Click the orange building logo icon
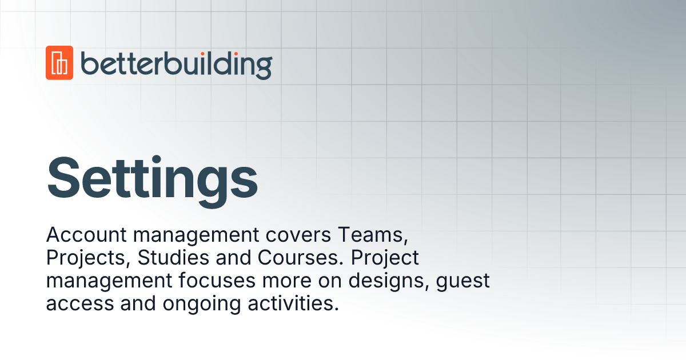point(59,63)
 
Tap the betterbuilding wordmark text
point(176,64)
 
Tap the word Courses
point(300,258)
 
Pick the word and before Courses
point(234,258)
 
